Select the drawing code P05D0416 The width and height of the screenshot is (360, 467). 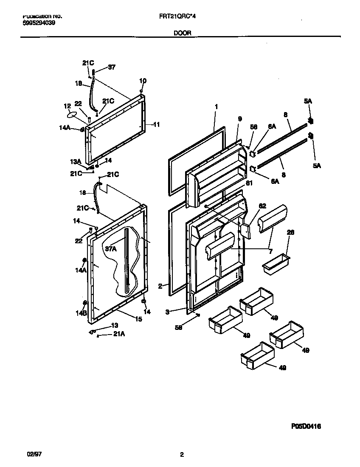coord(309,426)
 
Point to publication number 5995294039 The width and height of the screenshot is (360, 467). coord(38,23)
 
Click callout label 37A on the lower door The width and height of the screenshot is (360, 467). coord(110,249)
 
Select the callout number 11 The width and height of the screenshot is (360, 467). coord(156,124)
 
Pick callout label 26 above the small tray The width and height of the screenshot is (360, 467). coord(291,232)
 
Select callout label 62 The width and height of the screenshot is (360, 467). coord(262,206)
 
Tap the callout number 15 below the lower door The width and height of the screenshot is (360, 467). coord(138,319)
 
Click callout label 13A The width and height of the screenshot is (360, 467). coord(75,161)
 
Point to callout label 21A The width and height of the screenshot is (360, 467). coord(119,335)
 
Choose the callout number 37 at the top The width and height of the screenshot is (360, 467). coord(111,67)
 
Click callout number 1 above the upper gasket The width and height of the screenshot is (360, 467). coord(216,107)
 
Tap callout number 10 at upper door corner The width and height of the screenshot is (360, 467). coord(143,81)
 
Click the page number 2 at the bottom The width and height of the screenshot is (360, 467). coord(182,455)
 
